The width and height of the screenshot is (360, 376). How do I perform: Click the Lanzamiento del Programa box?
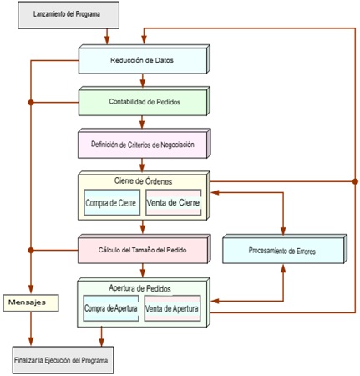pos(68,15)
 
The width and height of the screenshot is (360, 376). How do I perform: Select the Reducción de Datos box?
pos(144,59)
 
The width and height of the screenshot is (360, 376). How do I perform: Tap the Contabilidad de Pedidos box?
pos(144,101)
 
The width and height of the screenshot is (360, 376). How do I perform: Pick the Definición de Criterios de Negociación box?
pos(144,144)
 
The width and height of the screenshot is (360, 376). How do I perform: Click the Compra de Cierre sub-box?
pos(112,202)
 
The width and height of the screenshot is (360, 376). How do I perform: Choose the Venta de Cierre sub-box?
pos(173,202)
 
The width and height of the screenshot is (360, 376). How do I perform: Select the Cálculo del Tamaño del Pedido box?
pos(144,249)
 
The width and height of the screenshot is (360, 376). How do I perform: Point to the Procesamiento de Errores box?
pos(285,249)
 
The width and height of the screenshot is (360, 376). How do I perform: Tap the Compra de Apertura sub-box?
pos(111,308)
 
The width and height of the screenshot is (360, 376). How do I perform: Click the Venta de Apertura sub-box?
pos(172,308)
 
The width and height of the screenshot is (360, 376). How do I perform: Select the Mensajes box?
pos(31,302)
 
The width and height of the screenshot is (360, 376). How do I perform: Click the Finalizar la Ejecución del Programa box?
pos(63,360)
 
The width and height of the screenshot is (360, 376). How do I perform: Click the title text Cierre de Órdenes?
pos(143,181)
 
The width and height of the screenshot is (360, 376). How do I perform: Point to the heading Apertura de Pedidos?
pos(139,288)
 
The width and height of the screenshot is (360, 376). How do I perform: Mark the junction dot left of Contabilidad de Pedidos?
pos(31,103)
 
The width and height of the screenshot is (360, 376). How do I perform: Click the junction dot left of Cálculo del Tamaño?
pos(31,251)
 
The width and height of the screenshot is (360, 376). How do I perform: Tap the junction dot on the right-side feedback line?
pos(355,181)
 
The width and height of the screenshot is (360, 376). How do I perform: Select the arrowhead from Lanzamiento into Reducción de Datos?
pos(107,40)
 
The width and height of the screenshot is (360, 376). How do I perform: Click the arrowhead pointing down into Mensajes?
pos(31,289)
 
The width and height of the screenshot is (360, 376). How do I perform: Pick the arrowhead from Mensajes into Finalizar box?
pos(31,342)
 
